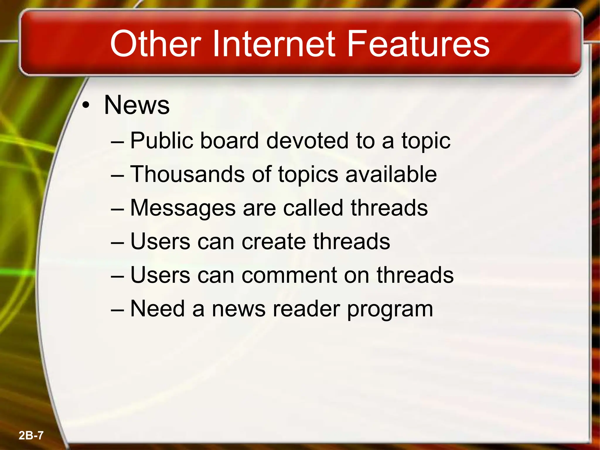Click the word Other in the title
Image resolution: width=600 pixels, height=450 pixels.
pyautogui.click(x=156, y=44)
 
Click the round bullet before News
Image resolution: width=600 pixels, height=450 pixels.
pyautogui.click(x=86, y=106)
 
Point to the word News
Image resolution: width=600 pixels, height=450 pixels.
pyautogui.click(x=137, y=105)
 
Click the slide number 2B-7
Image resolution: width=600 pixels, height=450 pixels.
pyautogui.click(x=31, y=435)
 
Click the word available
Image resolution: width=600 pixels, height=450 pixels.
pyautogui.click(x=391, y=174)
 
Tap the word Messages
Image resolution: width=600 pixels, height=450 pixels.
pyautogui.click(x=183, y=208)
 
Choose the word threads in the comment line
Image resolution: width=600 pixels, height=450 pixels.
pyautogui.click(x=415, y=275)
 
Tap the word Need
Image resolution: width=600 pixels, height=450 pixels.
pyautogui.click(x=157, y=309)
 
